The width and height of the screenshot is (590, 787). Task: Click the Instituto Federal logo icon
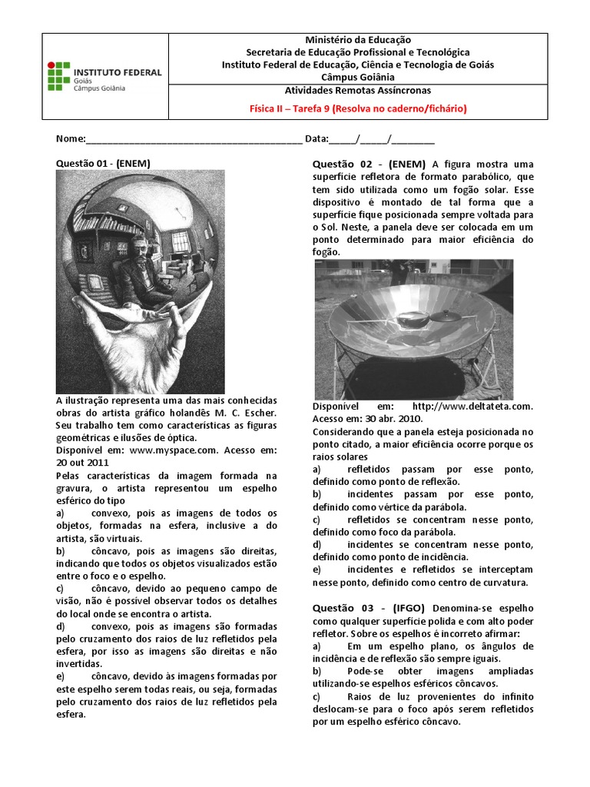click(x=58, y=75)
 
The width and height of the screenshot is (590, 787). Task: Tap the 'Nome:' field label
click(x=71, y=139)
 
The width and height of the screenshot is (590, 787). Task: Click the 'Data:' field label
click(x=317, y=139)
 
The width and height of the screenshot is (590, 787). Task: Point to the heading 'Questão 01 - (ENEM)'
click(x=103, y=163)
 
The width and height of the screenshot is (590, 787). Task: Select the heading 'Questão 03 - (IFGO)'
click(x=369, y=607)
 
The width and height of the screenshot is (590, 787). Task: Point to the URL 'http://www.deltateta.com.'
click(x=472, y=407)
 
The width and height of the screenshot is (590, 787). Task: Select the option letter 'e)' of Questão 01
click(x=61, y=676)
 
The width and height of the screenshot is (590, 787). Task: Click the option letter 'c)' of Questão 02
click(x=317, y=520)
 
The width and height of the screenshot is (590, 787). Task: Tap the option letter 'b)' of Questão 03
click(x=317, y=671)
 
